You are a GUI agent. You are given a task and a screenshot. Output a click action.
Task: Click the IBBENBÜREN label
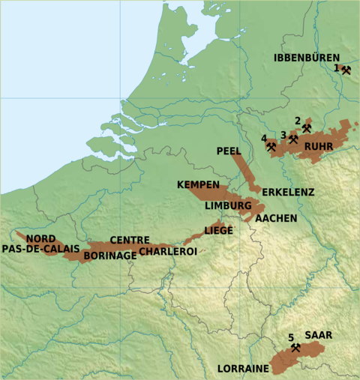coord(306,58)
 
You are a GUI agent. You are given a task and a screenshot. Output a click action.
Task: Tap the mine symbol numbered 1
coord(346,69)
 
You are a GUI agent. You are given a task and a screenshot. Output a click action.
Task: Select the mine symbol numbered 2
coord(307,128)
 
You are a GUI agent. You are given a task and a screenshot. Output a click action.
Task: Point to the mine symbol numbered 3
coord(293,139)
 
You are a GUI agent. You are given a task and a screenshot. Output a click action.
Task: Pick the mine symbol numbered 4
coord(271,146)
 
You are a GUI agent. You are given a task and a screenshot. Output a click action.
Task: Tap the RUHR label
coord(319,146)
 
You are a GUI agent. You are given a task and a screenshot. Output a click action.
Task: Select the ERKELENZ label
coord(288,192)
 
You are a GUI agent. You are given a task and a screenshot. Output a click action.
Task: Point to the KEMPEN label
coord(198,184)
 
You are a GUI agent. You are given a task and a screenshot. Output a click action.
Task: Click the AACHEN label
coord(276,218)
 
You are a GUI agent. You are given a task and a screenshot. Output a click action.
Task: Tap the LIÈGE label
coord(218,231)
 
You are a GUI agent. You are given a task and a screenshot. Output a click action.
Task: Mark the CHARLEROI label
coord(167,251)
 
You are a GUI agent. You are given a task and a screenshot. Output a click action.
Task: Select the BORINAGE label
coord(110,255)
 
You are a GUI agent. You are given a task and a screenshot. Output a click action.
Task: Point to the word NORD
coord(40,238)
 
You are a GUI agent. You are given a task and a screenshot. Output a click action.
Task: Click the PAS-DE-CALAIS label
coord(40,248)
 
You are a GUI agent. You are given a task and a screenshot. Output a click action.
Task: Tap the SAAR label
coord(318,335)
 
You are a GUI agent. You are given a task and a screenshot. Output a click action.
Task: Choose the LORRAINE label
coord(243,369)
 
